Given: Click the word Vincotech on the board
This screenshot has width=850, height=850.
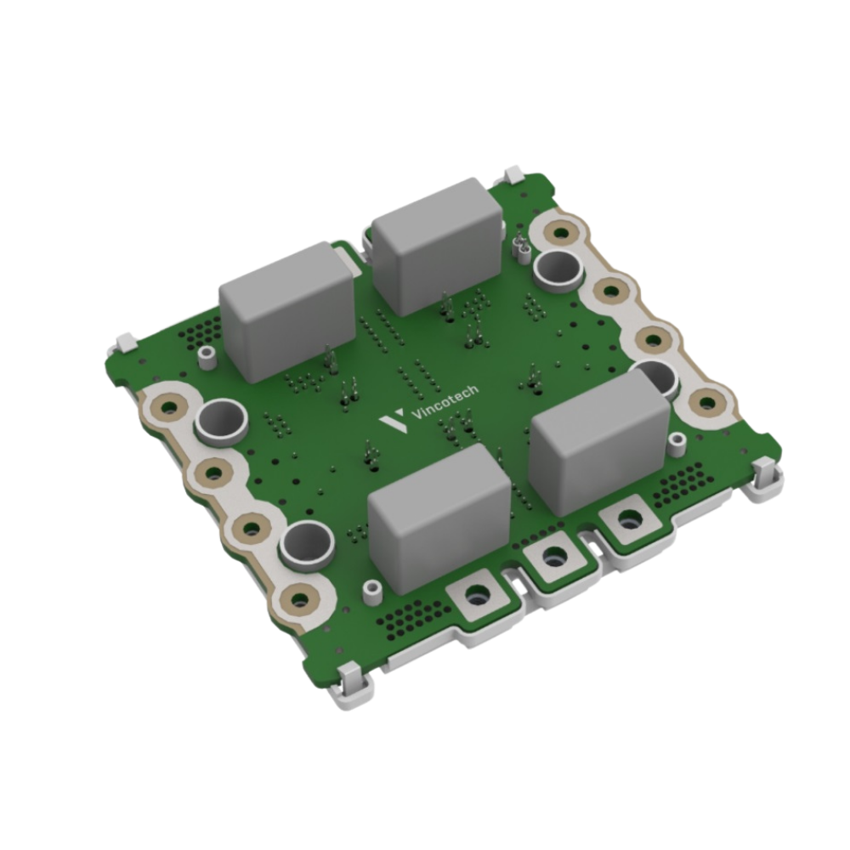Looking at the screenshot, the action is coord(445,402).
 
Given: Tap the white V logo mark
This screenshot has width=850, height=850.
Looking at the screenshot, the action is coord(393,420).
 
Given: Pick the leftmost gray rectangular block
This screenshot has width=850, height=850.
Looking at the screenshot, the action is coord(287,310).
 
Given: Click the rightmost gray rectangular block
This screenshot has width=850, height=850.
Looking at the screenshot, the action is coord(599,440).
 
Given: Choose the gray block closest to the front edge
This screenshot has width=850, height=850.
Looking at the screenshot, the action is coord(439,518).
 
